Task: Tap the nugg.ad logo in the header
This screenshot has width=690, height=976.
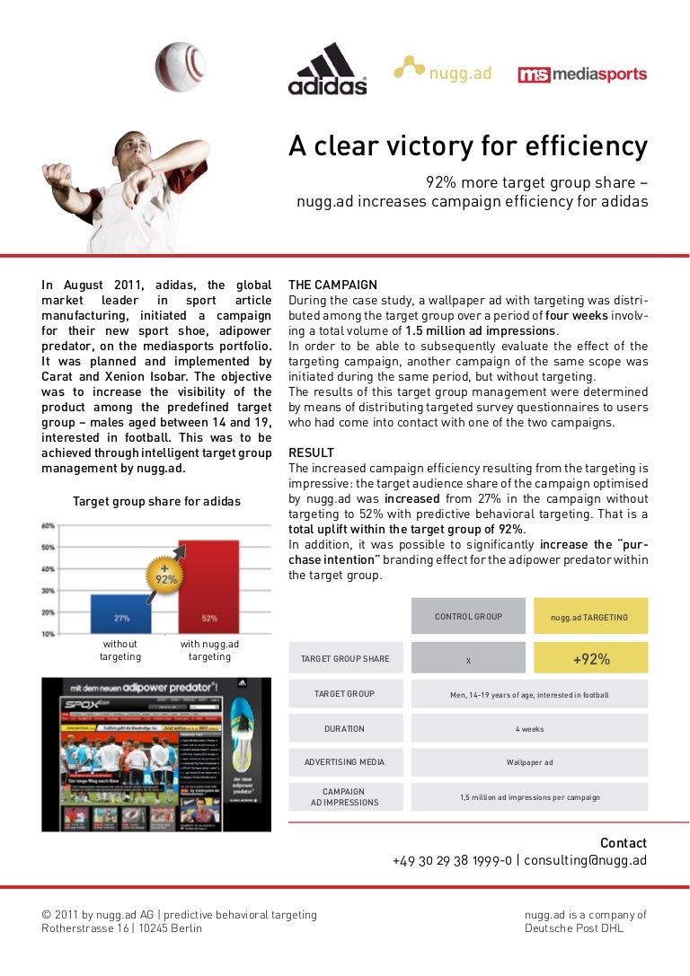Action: pyautogui.click(x=443, y=71)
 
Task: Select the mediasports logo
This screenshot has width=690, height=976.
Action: pyautogui.click(x=582, y=75)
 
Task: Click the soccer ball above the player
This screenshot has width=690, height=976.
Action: pyautogui.click(x=180, y=66)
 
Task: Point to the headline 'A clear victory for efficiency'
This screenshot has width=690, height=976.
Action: pyautogui.click(x=467, y=145)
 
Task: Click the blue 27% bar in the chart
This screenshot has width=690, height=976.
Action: pyautogui.click(x=120, y=613)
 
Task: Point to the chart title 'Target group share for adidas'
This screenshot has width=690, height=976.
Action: pyautogui.click(x=156, y=501)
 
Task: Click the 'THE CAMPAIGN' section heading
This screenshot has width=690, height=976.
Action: pyautogui.click(x=332, y=285)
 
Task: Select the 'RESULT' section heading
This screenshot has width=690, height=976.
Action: pyautogui.click(x=311, y=453)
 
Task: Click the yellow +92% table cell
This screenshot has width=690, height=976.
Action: pyautogui.click(x=590, y=659)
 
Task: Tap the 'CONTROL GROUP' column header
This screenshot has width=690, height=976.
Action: pyautogui.click(x=468, y=617)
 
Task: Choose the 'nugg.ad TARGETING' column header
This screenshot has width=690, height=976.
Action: pyautogui.click(x=590, y=618)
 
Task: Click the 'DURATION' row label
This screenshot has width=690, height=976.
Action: pyautogui.click(x=344, y=729)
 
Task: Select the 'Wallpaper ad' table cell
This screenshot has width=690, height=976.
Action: pyautogui.click(x=529, y=762)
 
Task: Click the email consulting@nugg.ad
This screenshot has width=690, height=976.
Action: pyautogui.click(x=585, y=860)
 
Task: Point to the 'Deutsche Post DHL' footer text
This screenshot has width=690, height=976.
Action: pyautogui.click(x=574, y=928)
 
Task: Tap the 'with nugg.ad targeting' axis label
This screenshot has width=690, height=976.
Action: pyautogui.click(x=209, y=650)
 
